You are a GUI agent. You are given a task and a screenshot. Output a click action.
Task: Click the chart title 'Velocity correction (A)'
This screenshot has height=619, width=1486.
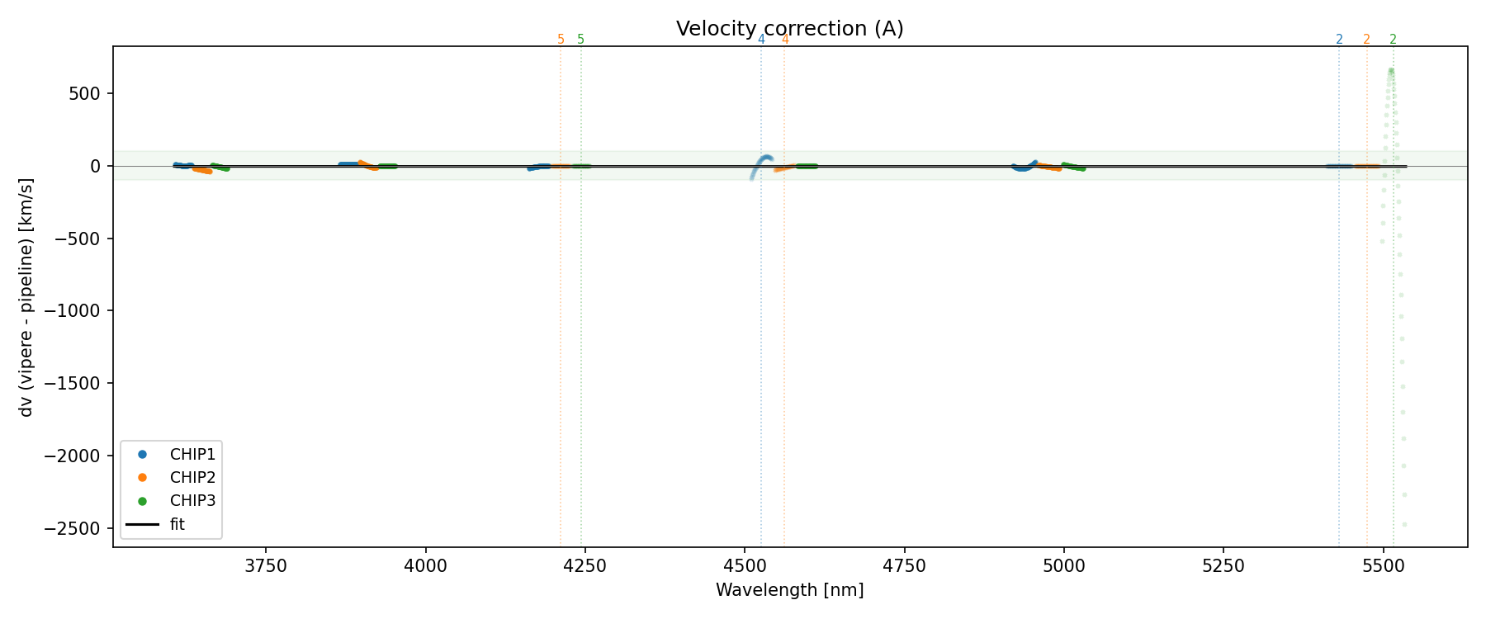pyautogui.click(x=789, y=29)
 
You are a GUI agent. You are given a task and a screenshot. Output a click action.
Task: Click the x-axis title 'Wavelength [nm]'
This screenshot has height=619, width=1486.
pyautogui.click(x=789, y=590)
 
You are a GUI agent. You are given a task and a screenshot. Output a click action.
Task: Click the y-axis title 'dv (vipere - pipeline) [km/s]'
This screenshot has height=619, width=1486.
pyautogui.click(x=26, y=296)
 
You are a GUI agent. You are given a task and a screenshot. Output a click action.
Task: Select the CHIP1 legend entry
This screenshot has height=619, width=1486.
pyautogui.click(x=192, y=454)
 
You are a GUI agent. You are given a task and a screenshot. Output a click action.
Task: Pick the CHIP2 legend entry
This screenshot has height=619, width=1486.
pyautogui.click(x=192, y=477)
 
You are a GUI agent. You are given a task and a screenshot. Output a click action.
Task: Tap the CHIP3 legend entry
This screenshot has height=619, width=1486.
pyautogui.click(x=192, y=500)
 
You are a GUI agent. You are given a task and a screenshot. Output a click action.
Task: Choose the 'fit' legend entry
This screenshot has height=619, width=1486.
pyautogui.click(x=177, y=524)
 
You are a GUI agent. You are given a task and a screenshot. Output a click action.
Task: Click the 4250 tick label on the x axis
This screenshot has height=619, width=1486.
pyautogui.click(x=584, y=565)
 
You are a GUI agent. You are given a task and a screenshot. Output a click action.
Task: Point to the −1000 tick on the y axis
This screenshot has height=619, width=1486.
pyautogui.click(x=77, y=311)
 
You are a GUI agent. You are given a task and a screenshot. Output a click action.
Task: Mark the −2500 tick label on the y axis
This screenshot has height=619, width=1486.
pyautogui.click(x=77, y=528)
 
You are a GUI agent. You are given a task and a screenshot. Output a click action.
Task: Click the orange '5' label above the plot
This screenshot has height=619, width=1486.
pyautogui.click(x=561, y=40)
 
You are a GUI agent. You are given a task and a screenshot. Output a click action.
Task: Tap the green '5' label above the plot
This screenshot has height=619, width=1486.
pyautogui.click(x=580, y=40)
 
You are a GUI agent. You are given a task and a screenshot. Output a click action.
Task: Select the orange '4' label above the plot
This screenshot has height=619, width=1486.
pyautogui.click(x=784, y=40)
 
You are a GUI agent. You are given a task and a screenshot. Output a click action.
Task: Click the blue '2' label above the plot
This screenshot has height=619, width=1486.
pyautogui.click(x=1339, y=40)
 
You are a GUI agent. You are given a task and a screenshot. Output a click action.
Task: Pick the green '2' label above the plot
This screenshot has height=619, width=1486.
pyautogui.click(x=1393, y=40)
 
